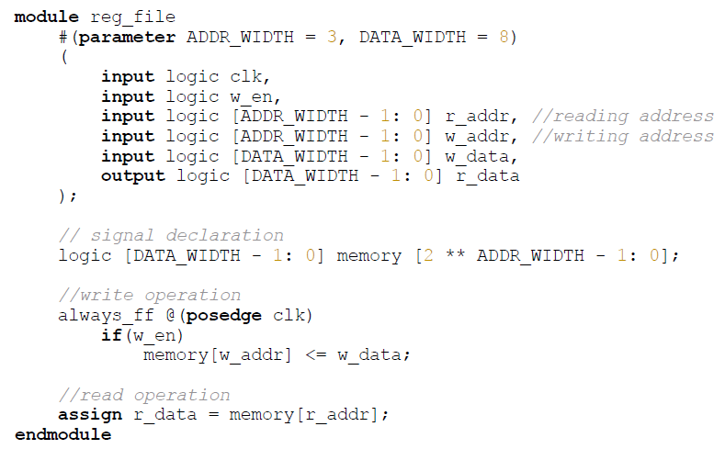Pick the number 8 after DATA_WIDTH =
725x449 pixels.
(x=503, y=38)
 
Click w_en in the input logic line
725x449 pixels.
(x=251, y=97)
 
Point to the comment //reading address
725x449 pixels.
(x=622, y=117)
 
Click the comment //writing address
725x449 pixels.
(x=622, y=137)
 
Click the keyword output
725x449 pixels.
(x=133, y=176)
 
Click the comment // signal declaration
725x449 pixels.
(x=171, y=236)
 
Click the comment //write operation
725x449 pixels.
(x=149, y=296)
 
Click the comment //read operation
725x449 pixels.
(x=143, y=396)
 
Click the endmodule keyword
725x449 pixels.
(x=62, y=434)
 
